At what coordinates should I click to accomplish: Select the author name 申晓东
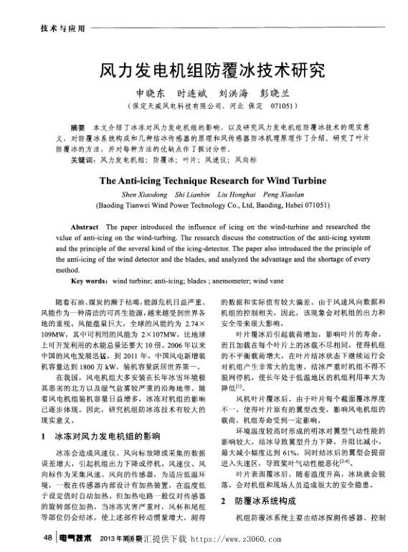click(x=150, y=93)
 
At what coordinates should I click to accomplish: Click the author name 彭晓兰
click(x=276, y=93)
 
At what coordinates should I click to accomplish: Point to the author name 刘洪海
click(x=234, y=93)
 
